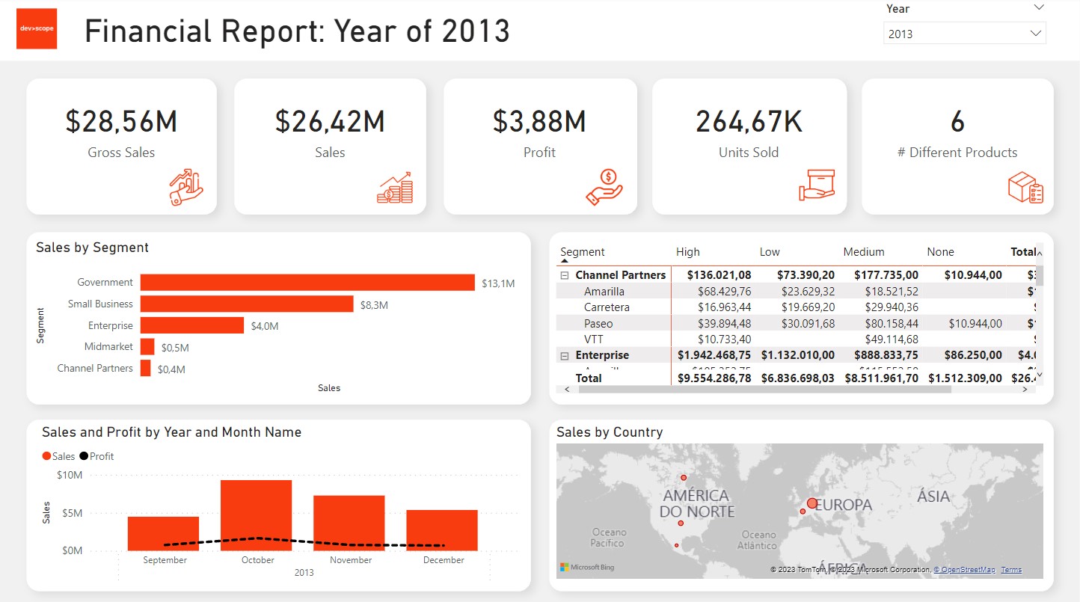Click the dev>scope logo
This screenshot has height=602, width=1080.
[x=37, y=29]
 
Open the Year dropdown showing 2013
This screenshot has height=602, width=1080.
[x=964, y=34]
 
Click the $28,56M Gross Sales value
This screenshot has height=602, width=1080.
[x=121, y=121]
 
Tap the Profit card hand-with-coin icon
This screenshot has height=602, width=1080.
[x=604, y=186]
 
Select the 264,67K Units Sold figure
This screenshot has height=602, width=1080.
[x=749, y=121]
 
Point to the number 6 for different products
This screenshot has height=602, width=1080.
[x=957, y=121]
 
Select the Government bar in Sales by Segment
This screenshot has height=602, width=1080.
[x=307, y=282]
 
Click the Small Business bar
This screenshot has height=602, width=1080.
[x=247, y=304]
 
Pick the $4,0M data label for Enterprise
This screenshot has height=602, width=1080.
[x=265, y=326]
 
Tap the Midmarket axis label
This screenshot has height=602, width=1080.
[x=108, y=346]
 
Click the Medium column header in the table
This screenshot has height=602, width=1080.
[x=864, y=252]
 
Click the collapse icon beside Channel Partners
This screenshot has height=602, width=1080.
[x=565, y=275]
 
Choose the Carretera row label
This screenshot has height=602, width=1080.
[x=607, y=307]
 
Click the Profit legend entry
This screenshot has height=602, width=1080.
[x=96, y=456]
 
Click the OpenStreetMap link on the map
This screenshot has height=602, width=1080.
[x=966, y=570]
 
